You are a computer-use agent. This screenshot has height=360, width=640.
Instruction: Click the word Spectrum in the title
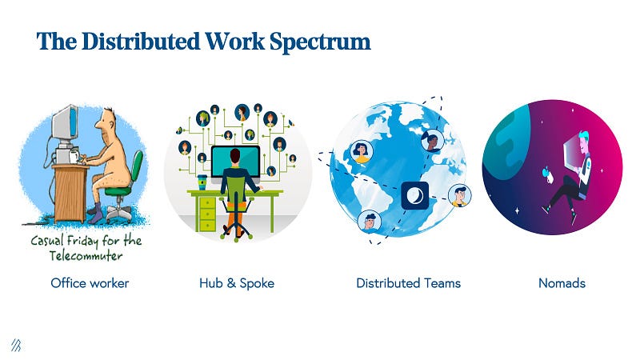(320, 42)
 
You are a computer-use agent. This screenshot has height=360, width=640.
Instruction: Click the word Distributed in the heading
(141, 42)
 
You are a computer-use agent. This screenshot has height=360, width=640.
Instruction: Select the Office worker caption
(90, 283)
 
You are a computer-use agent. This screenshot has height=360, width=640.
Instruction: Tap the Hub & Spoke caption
(237, 283)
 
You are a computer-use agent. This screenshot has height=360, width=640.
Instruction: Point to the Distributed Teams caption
(408, 283)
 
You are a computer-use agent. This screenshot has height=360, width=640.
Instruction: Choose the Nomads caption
(562, 283)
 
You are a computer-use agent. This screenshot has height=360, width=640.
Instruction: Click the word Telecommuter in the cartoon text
(86, 256)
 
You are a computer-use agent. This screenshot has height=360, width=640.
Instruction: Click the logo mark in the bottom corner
(16, 346)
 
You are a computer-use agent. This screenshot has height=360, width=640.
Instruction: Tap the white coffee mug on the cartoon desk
(74, 155)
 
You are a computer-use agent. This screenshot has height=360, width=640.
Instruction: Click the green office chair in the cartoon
(123, 187)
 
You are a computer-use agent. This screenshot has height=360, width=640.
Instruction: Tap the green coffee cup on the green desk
(202, 182)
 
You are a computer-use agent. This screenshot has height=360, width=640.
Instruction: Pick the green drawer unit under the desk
(208, 213)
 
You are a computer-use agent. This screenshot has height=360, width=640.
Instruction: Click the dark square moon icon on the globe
(414, 195)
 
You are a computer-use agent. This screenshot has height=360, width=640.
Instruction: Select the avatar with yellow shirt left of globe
(361, 151)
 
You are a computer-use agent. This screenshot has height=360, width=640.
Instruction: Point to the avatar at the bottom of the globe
(370, 222)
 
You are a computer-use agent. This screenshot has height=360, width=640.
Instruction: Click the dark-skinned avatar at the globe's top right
(432, 141)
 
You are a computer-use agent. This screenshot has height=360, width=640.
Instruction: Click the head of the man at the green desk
(235, 156)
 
